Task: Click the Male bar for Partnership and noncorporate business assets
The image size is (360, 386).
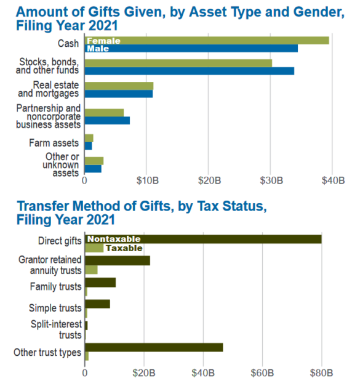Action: pos(107,120)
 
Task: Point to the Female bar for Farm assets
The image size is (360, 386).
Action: pos(89,139)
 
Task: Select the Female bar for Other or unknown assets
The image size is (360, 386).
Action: pos(94,161)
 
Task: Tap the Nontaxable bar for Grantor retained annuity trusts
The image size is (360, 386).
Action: pos(117,260)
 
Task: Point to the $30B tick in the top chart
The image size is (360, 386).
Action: pos(271,182)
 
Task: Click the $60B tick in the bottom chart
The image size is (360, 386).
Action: pos(262,372)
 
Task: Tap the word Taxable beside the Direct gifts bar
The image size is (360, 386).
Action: pos(124,248)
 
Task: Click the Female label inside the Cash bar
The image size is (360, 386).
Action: pos(103,41)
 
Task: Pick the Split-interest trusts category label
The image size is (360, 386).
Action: pos(56,329)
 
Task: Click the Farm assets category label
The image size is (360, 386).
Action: pos(54,143)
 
